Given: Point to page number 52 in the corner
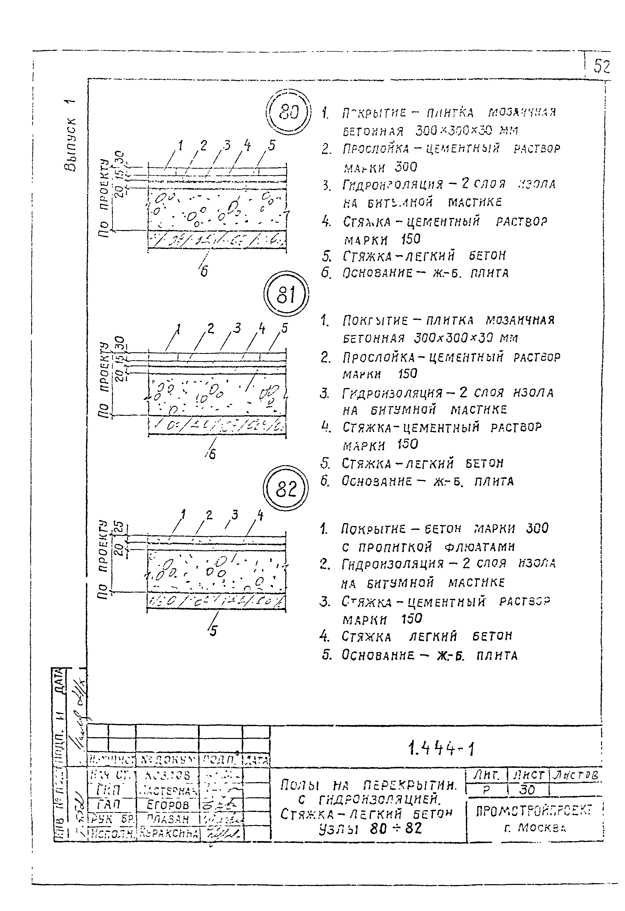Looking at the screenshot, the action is pyautogui.click(x=602, y=66).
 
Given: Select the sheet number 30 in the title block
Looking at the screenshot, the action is pyautogui.click(x=527, y=790).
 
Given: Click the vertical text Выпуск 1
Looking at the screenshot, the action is pyautogui.click(x=71, y=135).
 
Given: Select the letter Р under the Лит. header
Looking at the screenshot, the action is pyautogui.click(x=486, y=790).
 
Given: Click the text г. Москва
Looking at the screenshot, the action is pyautogui.click(x=534, y=827).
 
